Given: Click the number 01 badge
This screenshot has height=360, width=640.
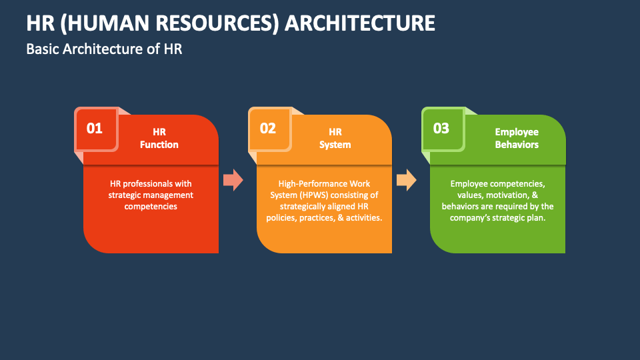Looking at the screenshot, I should [95, 128].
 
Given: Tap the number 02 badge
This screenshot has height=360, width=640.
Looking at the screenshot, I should [268, 128].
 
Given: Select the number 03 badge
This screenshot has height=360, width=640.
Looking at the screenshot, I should [441, 128].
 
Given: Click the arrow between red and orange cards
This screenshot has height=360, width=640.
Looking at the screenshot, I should [233, 179].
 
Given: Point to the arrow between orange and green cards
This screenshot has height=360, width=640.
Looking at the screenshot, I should [406, 179].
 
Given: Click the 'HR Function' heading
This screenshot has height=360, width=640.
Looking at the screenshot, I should [159, 138].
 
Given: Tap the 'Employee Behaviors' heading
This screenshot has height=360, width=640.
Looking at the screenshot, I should [517, 138].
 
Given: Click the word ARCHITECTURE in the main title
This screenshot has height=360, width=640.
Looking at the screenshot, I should [360, 23].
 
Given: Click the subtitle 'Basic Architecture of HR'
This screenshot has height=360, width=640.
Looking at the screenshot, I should [104, 49].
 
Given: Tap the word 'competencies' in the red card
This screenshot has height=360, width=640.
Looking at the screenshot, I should [151, 207].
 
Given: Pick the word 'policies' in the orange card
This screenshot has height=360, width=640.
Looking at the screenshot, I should [282, 218].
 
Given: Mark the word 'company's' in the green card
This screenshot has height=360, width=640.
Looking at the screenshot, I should [473, 218].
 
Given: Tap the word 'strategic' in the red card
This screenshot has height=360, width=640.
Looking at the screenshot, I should [127, 195].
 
